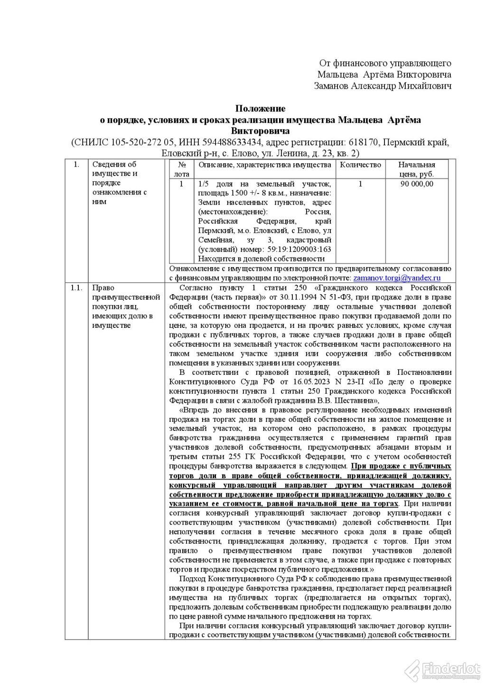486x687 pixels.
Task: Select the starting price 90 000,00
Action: tap(416, 184)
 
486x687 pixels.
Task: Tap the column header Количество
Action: tap(361, 165)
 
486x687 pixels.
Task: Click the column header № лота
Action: tap(182, 169)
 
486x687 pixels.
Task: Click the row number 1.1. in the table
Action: tap(76, 288)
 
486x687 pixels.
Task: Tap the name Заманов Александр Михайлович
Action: tap(383, 86)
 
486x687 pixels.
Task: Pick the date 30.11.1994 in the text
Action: tap(289, 297)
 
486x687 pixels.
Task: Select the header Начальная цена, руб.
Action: tap(416, 169)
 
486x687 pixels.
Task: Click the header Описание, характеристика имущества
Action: tap(265, 165)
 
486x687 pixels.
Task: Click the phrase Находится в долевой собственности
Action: tap(261, 259)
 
